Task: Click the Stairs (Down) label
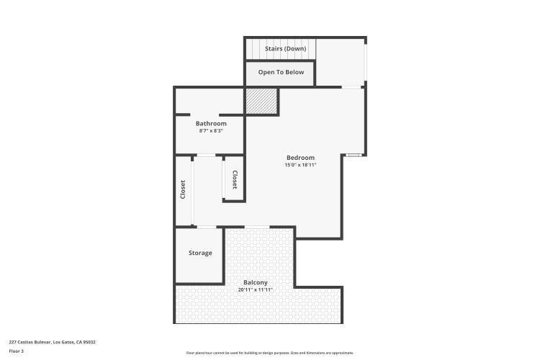(286, 49)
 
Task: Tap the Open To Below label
(281, 72)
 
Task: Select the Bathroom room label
(211, 124)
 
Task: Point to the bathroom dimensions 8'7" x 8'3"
(211, 131)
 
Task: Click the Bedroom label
(300, 158)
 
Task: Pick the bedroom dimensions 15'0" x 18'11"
(300, 165)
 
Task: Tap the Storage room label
(200, 253)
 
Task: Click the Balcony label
(256, 282)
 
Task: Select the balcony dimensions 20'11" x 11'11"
(256, 289)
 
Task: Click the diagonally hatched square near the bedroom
(261, 101)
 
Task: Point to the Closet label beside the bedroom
(234, 179)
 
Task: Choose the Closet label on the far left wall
(183, 190)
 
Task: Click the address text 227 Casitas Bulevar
(30, 342)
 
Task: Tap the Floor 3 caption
(16, 351)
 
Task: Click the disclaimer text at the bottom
(270, 353)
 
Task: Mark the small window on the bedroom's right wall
(353, 155)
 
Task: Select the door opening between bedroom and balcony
(257, 228)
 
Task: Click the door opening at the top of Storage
(207, 228)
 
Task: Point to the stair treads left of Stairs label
(253, 49)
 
